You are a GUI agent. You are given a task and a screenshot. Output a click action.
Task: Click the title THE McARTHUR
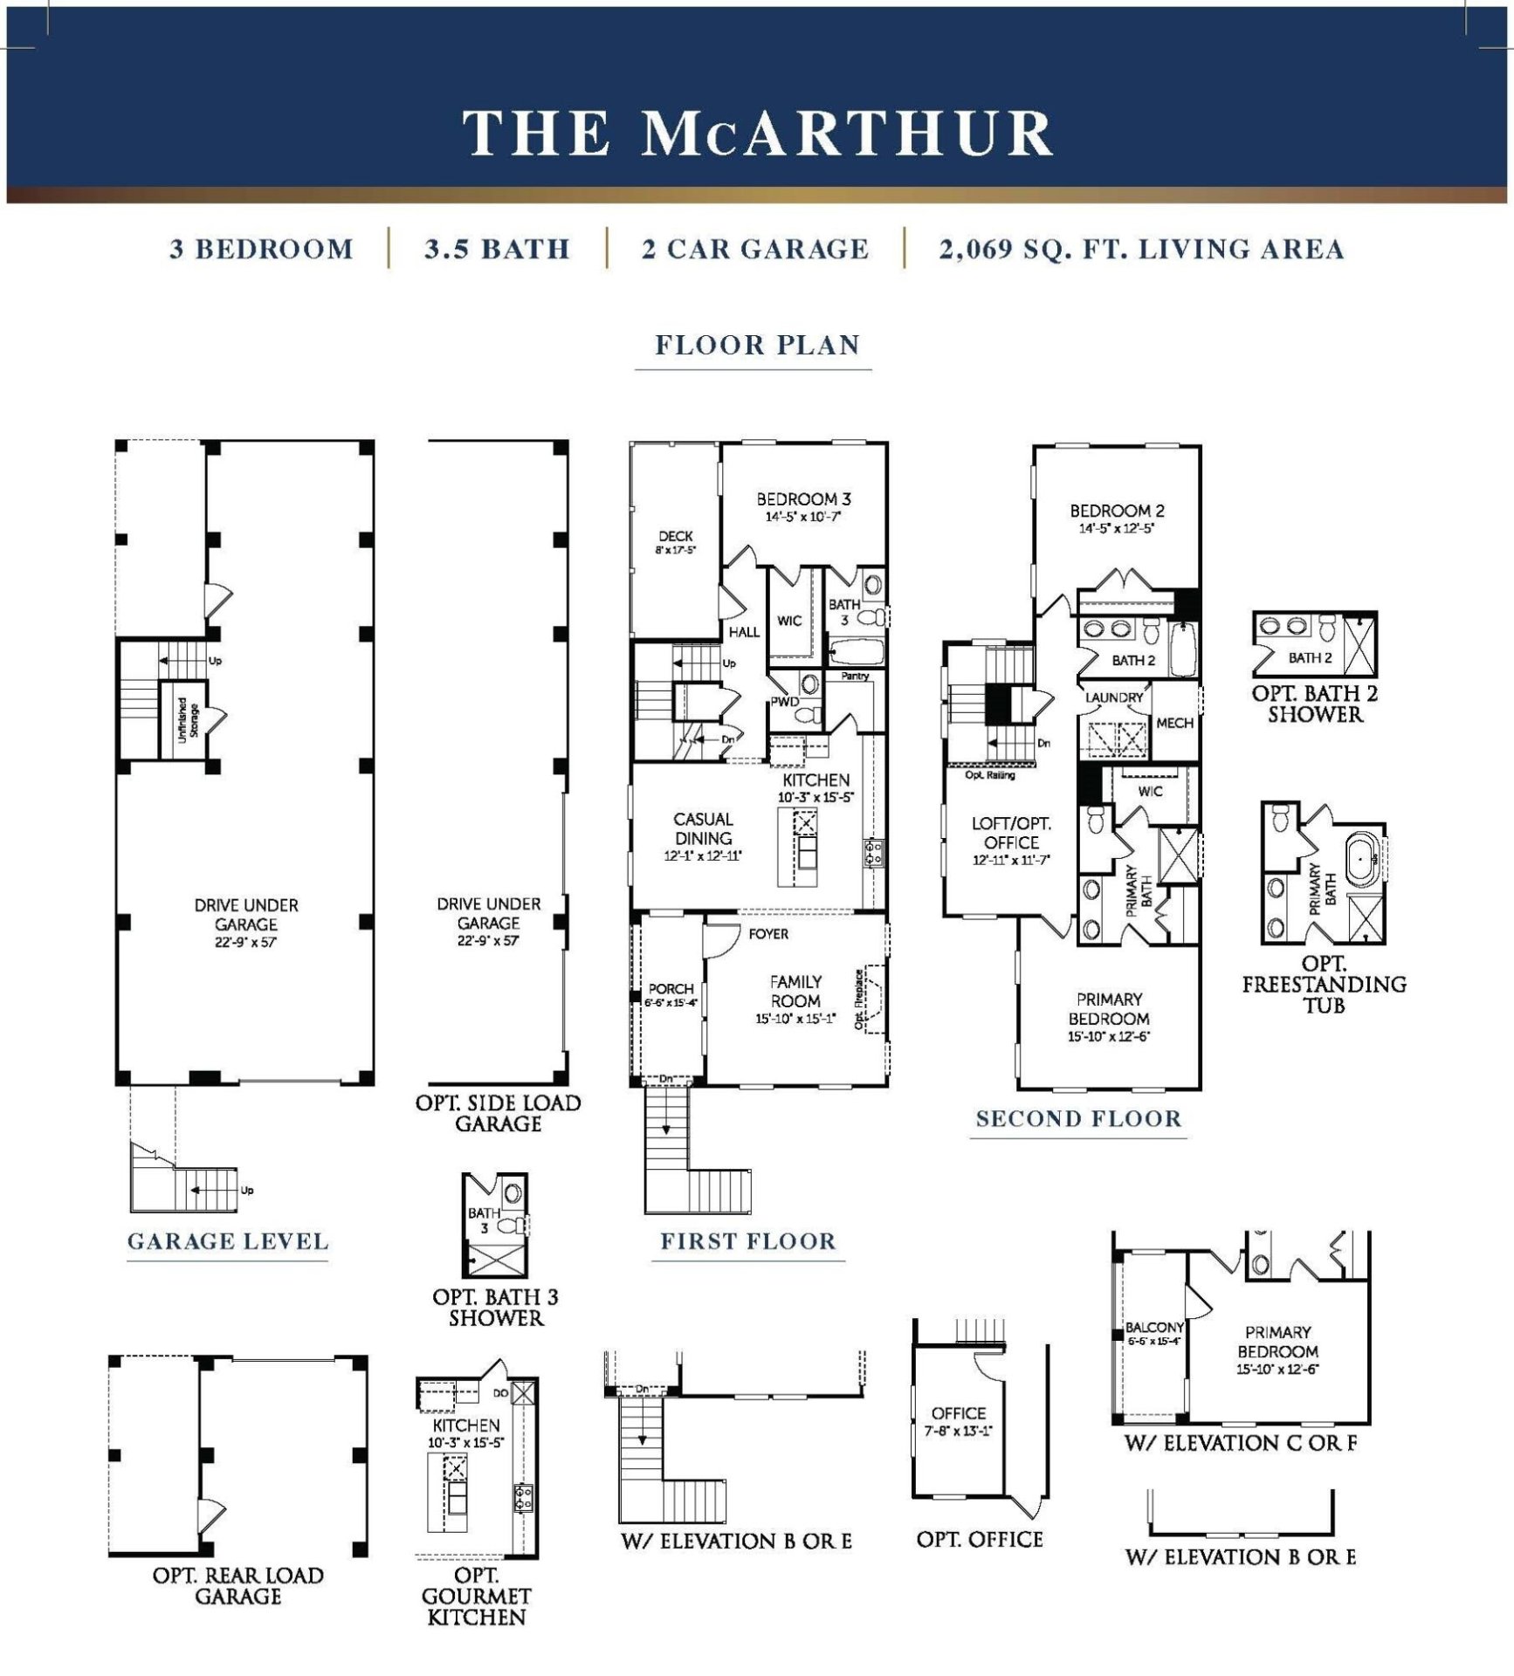pos(757,133)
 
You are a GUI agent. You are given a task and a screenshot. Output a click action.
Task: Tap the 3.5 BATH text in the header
pos(497,250)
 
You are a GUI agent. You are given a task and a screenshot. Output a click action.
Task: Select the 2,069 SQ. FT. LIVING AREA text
pos(1141,250)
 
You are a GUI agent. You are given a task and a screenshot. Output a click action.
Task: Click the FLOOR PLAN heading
pos(757,345)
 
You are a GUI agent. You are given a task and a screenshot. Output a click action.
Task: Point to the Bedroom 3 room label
pos(802,500)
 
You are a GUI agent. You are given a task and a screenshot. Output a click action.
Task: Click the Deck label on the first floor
pos(675,537)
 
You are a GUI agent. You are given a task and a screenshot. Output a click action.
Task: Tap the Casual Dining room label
pos(703,829)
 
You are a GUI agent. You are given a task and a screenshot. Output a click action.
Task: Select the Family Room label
pos(795,992)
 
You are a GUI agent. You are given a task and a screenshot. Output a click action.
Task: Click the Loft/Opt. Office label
pos(1011,834)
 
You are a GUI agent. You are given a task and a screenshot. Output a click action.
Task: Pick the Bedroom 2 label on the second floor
pos(1117,512)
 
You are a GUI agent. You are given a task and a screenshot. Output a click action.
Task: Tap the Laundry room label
pos(1113,698)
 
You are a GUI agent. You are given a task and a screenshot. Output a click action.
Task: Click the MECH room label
pos(1173,724)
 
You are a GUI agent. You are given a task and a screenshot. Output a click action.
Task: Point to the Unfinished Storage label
pos(187,720)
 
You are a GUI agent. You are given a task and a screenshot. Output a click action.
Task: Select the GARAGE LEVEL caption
pos(228,1242)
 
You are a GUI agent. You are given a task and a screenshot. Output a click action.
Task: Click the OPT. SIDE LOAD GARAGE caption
pos(498,1114)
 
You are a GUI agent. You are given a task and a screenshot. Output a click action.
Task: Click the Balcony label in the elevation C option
pos(1153,1328)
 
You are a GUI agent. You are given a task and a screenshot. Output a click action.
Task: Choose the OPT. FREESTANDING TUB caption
pos(1324,985)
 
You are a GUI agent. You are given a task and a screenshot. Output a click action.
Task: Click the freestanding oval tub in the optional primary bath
pos(1360,859)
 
